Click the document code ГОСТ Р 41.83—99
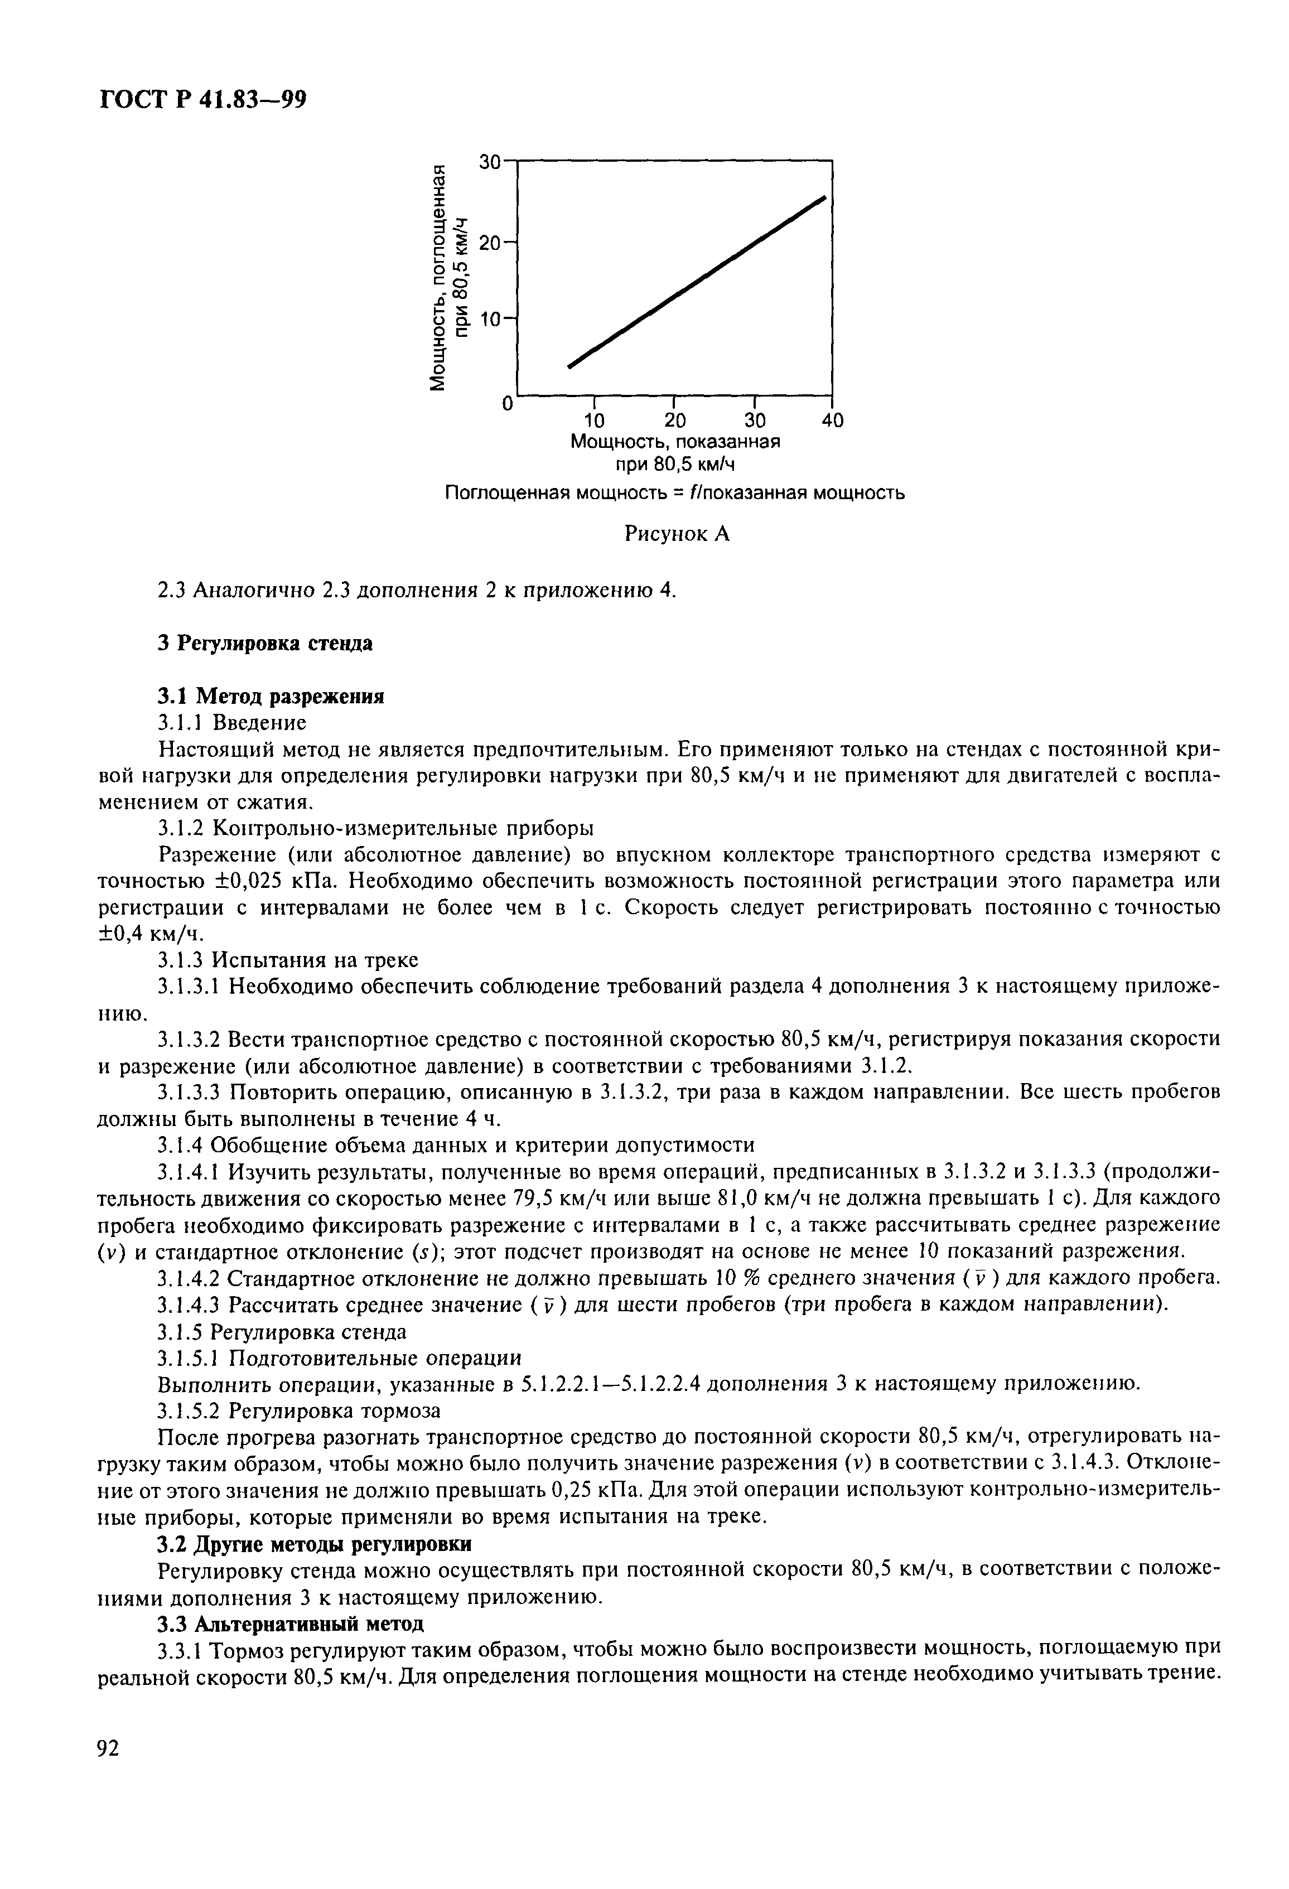click(x=202, y=99)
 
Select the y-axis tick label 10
click(x=491, y=320)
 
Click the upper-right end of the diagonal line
click(x=824, y=197)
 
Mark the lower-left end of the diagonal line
click(x=569, y=366)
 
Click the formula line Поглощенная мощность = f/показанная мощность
click(x=674, y=494)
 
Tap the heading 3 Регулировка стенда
click(x=265, y=644)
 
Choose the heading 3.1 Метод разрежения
click(x=270, y=697)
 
